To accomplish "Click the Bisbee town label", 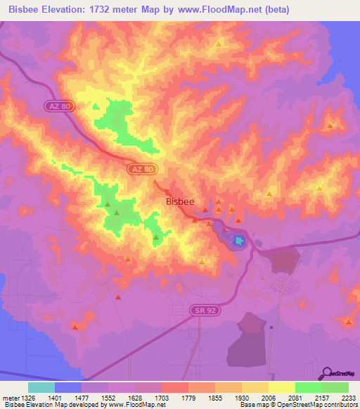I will tap(179, 201).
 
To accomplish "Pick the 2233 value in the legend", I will tap(348, 398).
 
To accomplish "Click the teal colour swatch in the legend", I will tap(41, 387).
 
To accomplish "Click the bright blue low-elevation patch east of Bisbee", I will tap(239, 241).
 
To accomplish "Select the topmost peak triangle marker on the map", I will tap(219, 44).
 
